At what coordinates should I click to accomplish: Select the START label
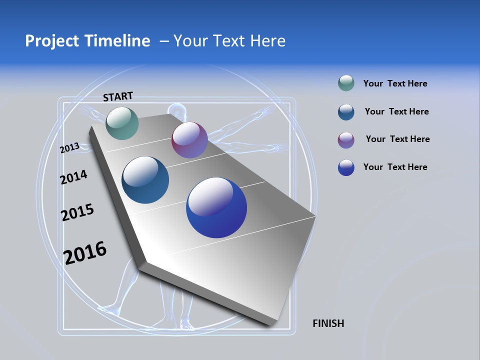tap(118, 96)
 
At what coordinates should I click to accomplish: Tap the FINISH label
tap(328, 323)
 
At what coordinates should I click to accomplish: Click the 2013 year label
tap(69, 148)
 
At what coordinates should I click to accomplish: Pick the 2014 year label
tap(73, 177)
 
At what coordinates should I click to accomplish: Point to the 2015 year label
tap(77, 212)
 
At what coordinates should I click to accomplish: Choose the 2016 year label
tap(85, 252)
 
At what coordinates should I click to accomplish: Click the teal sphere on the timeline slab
tap(122, 123)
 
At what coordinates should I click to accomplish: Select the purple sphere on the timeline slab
tap(189, 140)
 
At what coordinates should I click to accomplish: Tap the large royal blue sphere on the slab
tap(216, 207)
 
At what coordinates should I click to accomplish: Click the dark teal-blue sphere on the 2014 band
tap(145, 180)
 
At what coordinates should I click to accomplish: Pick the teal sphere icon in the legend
tap(346, 83)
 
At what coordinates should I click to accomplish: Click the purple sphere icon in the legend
tap(346, 139)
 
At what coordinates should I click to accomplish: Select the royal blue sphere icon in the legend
tap(346, 167)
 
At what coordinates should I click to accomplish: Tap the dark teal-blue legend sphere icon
tap(346, 112)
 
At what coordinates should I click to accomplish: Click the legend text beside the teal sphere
tap(395, 84)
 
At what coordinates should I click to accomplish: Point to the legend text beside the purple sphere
tap(397, 139)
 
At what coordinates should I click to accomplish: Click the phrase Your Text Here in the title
tap(229, 41)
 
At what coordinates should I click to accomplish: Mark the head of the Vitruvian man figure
tap(175, 111)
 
